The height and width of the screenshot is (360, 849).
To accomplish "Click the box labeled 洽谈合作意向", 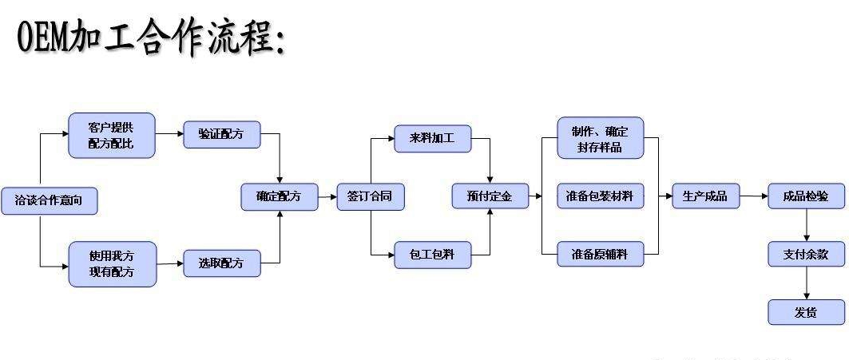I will click(x=50, y=200).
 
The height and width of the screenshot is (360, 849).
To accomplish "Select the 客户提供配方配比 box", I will click(x=111, y=135).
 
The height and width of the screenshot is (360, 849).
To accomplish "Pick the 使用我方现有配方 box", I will click(x=111, y=264).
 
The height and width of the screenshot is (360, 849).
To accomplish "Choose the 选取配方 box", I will click(x=222, y=263).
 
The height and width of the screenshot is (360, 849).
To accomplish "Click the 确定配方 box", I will click(x=279, y=196).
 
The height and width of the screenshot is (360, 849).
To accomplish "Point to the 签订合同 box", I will click(x=370, y=196).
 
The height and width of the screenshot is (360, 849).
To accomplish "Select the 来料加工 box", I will click(x=433, y=138).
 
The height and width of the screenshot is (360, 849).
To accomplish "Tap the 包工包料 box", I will click(x=433, y=254).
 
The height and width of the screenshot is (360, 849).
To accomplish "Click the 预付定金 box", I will click(x=490, y=196).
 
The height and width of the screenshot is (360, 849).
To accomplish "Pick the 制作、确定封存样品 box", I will click(x=601, y=139).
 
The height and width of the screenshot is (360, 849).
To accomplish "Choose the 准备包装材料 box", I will click(x=601, y=196).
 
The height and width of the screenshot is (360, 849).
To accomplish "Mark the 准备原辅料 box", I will click(x=601, y=254).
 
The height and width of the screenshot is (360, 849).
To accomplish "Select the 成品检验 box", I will click(x=806, y=196).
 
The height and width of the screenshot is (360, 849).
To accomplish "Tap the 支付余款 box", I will click(x=806, y=254).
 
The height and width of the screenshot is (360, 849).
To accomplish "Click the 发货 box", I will click(x=806, y=312).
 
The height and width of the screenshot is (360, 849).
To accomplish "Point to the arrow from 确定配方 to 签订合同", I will click(x=327, y=196).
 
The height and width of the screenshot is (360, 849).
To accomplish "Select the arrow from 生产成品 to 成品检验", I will click(x=753, y=196).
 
